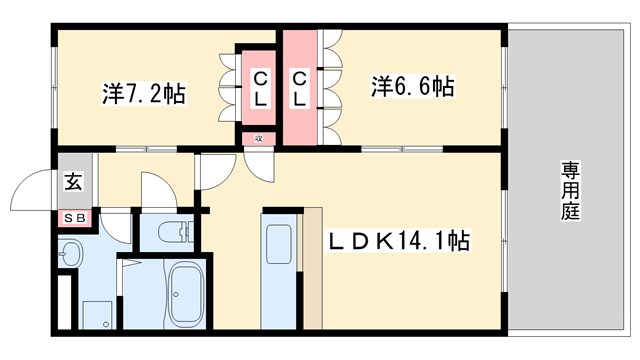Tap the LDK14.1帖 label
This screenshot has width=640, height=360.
point(400,242)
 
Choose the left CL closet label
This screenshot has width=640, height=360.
point(259,88)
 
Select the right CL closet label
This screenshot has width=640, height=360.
point(299,88)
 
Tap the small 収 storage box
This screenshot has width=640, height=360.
point(259,139)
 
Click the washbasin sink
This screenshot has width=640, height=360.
point(70,255)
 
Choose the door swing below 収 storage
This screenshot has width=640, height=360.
point(258,165)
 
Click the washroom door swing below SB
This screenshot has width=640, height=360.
point(118,226)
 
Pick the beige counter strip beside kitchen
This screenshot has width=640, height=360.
point(313,268)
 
